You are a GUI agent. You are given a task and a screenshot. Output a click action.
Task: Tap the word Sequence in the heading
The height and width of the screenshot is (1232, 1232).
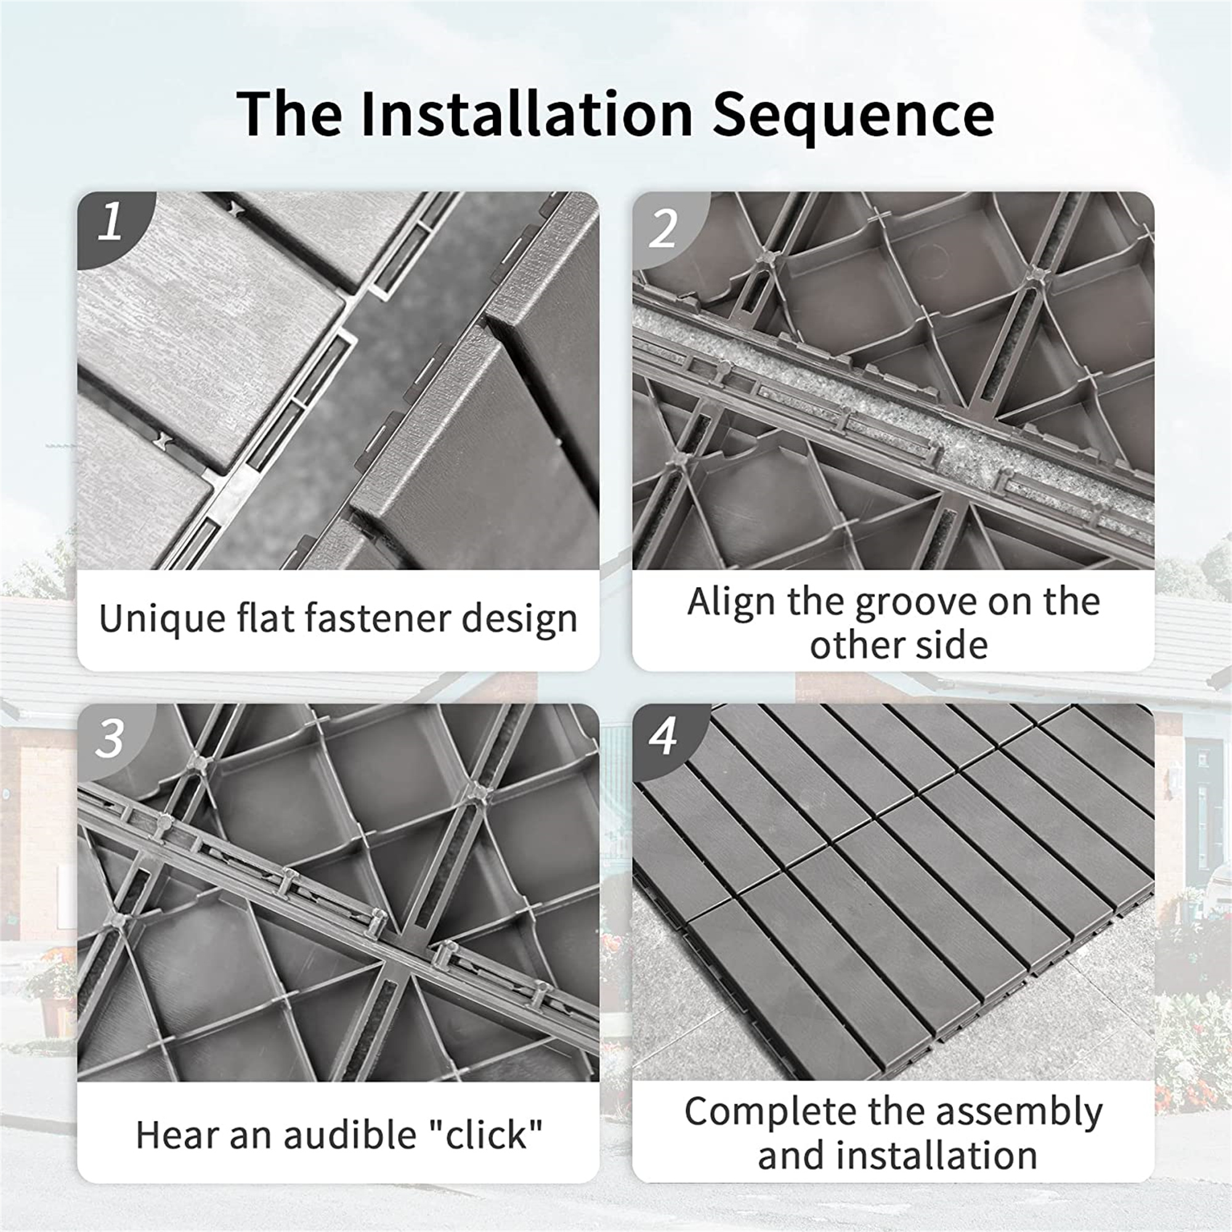tap(853, 115)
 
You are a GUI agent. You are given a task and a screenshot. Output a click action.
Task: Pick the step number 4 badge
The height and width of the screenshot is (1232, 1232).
tap(663, 737)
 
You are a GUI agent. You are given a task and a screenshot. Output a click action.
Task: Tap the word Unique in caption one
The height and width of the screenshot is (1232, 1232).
tap(151, 618)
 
